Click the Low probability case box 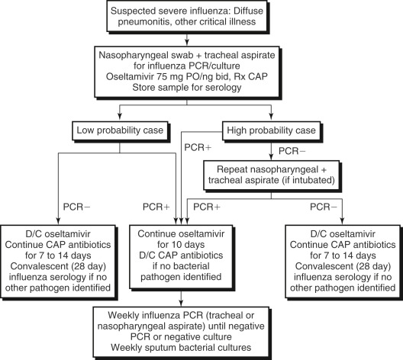121,131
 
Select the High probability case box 271,131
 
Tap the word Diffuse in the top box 249,11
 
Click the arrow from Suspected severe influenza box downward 187,39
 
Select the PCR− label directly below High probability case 292,151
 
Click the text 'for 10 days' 181,245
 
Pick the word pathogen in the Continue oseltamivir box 159,277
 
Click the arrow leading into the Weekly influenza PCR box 181,298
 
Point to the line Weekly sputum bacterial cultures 181,348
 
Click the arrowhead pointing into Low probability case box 119,117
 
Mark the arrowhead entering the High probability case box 271,117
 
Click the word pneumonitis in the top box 145,22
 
